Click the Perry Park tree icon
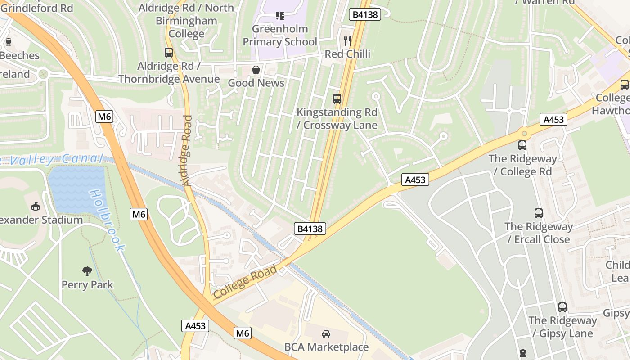coord(87,271)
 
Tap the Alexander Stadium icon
coord(35,206)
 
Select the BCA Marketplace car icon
coord(326,333)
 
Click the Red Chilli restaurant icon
coord(347,41)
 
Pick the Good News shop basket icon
coord(256,70)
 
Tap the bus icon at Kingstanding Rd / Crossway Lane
coord(337,99)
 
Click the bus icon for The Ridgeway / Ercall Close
coord(538,213)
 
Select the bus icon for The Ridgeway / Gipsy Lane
coord(562,307)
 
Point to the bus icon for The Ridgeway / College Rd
coord(522,145)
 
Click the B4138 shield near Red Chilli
coord(365,14)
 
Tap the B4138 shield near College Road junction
coord(310,229)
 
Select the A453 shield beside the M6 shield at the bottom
coord(195,326)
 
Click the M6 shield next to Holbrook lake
coord(139,214)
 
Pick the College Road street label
coord(245,283)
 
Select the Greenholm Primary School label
coord(280,35)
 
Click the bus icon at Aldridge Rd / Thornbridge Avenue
coord(169,53)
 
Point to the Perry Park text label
coord(87,285)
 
